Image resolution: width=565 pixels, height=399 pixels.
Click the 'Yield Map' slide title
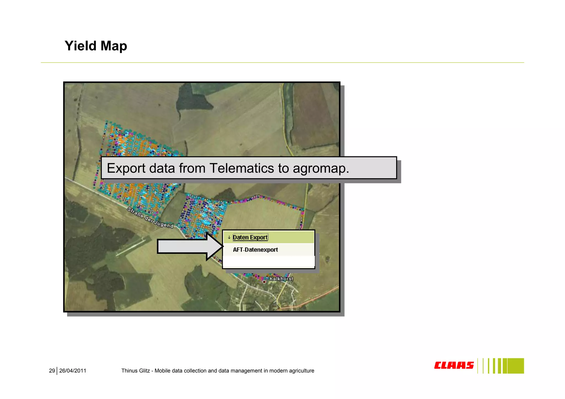pos(96,46)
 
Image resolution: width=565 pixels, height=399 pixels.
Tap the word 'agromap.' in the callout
pos(321,168)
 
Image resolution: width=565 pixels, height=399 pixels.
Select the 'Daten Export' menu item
pos(250,237)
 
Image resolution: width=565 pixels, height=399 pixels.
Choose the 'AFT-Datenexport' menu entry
pos(255,250)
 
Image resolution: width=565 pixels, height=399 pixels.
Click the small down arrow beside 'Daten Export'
pos(229,237)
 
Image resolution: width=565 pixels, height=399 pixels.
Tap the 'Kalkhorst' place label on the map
pos(281,279)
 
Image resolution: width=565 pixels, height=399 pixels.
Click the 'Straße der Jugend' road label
pos(150,218)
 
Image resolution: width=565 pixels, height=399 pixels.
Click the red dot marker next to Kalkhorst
pos(264,282)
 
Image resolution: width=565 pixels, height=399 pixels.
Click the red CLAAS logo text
pos(454,365)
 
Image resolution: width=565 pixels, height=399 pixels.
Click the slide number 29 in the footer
pos(52,371)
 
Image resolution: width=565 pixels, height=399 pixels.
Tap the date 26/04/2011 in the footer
pos(73,371)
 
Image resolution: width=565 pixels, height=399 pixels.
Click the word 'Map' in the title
pos(114,46)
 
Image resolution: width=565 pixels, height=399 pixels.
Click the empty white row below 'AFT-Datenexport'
pos(268,262)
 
